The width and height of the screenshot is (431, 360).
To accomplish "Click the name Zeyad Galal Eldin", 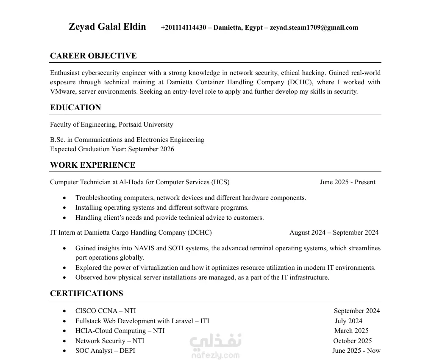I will tap(107, 27).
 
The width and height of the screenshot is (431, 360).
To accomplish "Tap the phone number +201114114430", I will tap(184, 28).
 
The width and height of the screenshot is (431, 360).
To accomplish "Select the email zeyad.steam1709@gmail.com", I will tap(314, 28).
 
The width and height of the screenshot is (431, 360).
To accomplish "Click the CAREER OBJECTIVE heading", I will tap(93, 56).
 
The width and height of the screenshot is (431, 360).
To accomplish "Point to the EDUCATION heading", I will tap(75, 108).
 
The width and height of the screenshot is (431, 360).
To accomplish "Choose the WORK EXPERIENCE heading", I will tap(93, 165).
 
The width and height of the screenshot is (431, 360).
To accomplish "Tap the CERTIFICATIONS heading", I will tap(86, 294).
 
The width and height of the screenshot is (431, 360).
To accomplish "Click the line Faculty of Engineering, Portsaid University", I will tap(111, 125).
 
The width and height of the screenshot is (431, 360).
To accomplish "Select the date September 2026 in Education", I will tap(151, 149).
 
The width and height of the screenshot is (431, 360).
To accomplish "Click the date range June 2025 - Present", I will tap(348, 182).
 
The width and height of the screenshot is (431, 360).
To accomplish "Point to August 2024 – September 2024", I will tap(334, 233).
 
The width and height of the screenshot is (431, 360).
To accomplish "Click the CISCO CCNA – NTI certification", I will tap(106, 311).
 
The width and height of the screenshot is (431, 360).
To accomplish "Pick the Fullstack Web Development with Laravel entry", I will tap(142, 321).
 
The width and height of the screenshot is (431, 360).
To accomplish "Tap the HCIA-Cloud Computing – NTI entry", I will tap(120, 331).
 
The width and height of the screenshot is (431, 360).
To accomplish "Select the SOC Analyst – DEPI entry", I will tap(105, 351).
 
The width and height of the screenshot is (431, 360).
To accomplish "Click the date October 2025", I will tap(352, 341).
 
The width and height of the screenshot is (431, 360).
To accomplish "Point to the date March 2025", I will tap(351, 331).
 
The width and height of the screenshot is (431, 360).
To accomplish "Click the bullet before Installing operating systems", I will tap(64, 208).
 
